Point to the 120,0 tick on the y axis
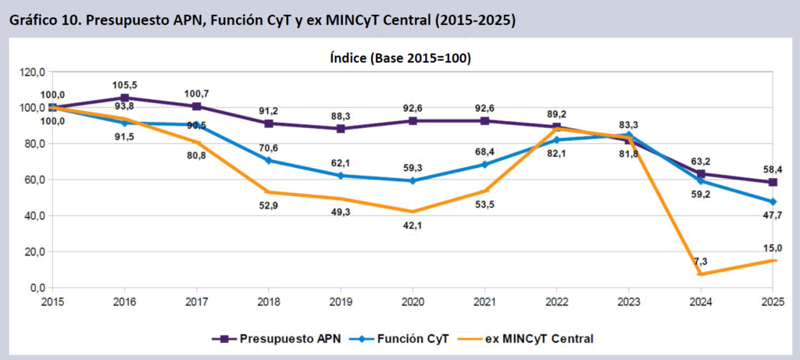(33, 72)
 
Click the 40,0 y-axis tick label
(33, 216)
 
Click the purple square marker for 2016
(124, 98)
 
